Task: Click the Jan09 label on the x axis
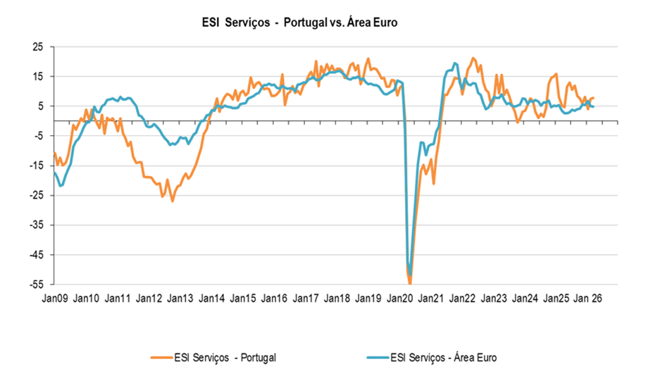(x=54, y=299)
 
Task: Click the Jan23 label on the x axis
(x=495, y=299)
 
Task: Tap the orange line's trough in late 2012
(x=172, y=201)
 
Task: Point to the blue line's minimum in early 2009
(x=61, y=186)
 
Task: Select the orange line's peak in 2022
(x=473, y=58)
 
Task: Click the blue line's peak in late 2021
(x=455, y=63)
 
